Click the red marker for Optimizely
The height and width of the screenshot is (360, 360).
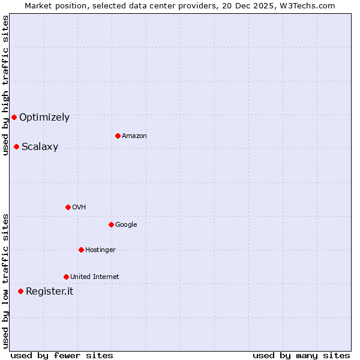[x=14, y=117]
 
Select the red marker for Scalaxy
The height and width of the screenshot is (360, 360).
[x=16, y=146]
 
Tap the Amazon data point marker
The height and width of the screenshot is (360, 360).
[x=118, y=136]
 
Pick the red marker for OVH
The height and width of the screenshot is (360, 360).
[x=68, y=207]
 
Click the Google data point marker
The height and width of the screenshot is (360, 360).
[x=111, y=224]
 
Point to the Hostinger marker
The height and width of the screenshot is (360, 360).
[x=81, y=250]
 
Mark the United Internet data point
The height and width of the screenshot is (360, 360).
[x=66, y=277]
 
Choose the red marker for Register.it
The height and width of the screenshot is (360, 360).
[x=20, y=291]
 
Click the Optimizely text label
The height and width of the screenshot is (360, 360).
[x=44, y=118]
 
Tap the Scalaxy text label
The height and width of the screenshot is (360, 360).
[x=40, y=147]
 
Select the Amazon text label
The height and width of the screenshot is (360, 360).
[x=134, y=136]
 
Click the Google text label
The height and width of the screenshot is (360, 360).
[x=126, y=225]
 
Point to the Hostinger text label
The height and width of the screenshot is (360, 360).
[x=100, y=250]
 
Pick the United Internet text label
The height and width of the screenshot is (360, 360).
[x=94, y=277]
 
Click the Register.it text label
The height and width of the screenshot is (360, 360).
[x=49, y=292]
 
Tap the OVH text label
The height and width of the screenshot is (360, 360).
[x=79, y=208]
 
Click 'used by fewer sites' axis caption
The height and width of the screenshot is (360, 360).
[x=62, y=355]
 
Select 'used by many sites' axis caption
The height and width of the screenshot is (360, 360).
[x=301, y=355]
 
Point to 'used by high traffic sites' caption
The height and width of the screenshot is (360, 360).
[x=5, y=85]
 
